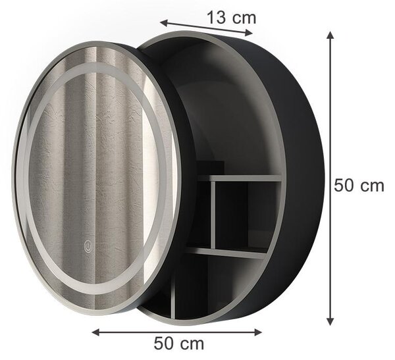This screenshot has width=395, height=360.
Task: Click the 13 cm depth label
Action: (231, 18)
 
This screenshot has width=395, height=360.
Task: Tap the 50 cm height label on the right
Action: (359, 186)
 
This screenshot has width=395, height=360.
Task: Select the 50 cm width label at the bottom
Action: (179, 343)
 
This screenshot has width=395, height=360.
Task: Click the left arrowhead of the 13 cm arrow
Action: (164, 23)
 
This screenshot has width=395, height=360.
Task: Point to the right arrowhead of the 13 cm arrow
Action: (249, 32)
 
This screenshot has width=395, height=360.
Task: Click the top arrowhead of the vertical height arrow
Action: (330, 36)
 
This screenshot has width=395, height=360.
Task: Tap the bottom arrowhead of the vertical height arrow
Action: (330, 321)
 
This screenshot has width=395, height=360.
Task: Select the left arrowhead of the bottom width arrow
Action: (95, 332)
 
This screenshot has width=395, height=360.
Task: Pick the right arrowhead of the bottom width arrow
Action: (258, 332)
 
